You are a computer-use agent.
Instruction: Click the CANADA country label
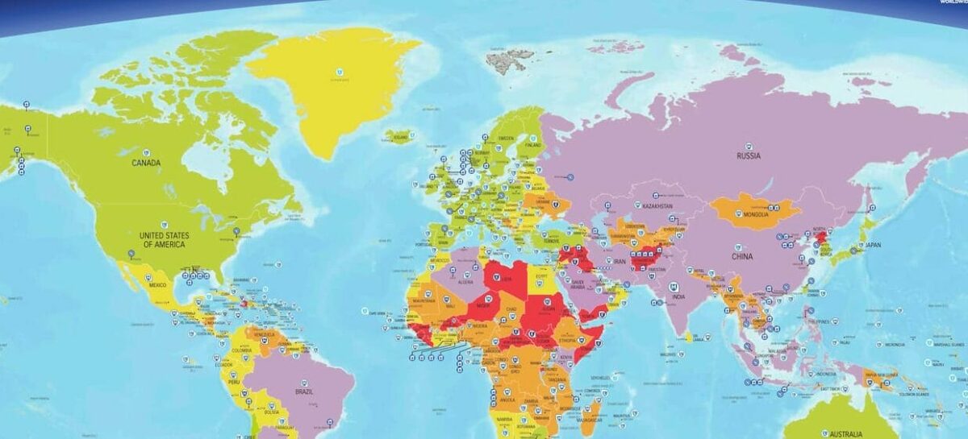146,163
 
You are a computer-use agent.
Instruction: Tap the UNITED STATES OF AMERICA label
164,239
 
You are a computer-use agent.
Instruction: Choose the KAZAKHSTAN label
657,206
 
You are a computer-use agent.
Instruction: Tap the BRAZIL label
305,391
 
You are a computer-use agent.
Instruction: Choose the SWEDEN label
506,138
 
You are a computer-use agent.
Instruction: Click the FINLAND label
532,145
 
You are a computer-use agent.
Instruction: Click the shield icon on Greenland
340,71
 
